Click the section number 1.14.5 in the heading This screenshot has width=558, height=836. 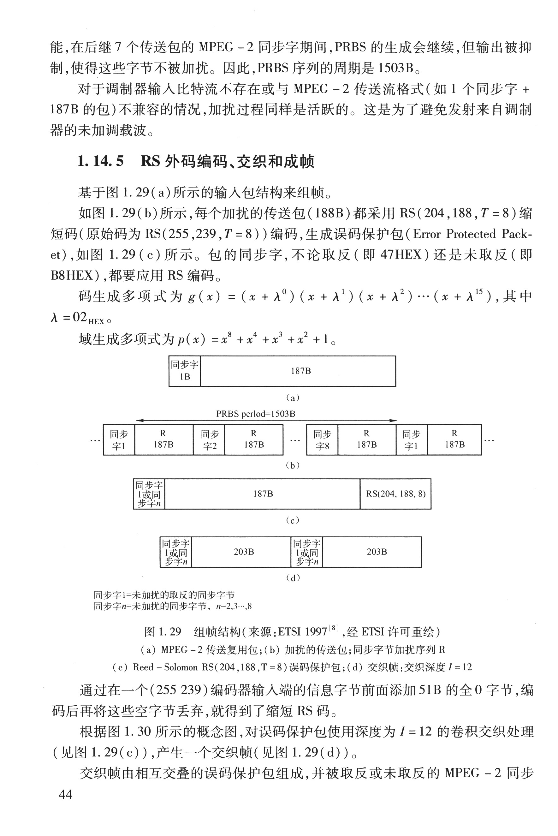[100, 161]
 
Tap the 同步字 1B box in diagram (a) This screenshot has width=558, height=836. [184, 371]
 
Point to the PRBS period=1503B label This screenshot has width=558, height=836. [256, 414]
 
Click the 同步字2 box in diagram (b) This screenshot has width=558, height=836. [209, 440]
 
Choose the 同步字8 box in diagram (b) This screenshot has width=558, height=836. [322, 440]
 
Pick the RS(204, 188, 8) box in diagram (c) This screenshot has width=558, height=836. [395, 494]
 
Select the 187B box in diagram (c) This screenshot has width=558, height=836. [263, 494]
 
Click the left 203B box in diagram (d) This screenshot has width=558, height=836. [243, 552]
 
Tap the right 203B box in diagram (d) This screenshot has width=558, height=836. [377, 552]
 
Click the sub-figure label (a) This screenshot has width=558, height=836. [293, 398]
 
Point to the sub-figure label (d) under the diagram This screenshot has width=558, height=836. [293, 578]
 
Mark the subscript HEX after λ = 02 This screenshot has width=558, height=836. [96, 322]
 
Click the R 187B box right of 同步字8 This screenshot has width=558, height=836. [366, 440]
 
